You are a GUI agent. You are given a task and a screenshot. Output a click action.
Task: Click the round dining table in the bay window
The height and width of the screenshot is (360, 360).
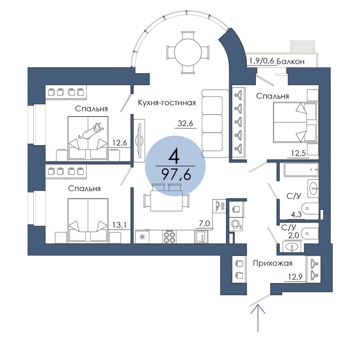point(188,52)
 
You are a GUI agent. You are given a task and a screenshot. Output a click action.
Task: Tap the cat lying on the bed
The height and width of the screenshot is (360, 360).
point(91,131)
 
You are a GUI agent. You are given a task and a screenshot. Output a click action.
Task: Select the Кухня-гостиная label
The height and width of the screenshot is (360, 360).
point(167,103)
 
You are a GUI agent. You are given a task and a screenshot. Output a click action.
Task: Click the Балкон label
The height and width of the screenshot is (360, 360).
point(290,61)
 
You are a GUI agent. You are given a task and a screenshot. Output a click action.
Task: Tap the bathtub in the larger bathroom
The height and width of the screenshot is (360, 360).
point(301,169)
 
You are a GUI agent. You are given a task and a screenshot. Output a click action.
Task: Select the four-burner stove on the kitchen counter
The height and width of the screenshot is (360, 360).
point(169,237)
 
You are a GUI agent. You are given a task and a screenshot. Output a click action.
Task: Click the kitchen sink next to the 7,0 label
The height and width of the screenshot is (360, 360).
point(201,237)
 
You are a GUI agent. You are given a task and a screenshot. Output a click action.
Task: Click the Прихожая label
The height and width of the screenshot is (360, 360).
point(273,263)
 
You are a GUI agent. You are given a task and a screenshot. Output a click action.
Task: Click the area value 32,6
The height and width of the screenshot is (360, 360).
point(185,123)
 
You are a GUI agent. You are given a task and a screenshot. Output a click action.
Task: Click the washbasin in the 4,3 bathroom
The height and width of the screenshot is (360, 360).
point(313,188)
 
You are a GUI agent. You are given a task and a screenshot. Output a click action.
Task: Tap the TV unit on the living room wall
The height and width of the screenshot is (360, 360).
point(139,140)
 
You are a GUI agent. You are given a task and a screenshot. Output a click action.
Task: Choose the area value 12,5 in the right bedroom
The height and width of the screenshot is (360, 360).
point(298,153)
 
